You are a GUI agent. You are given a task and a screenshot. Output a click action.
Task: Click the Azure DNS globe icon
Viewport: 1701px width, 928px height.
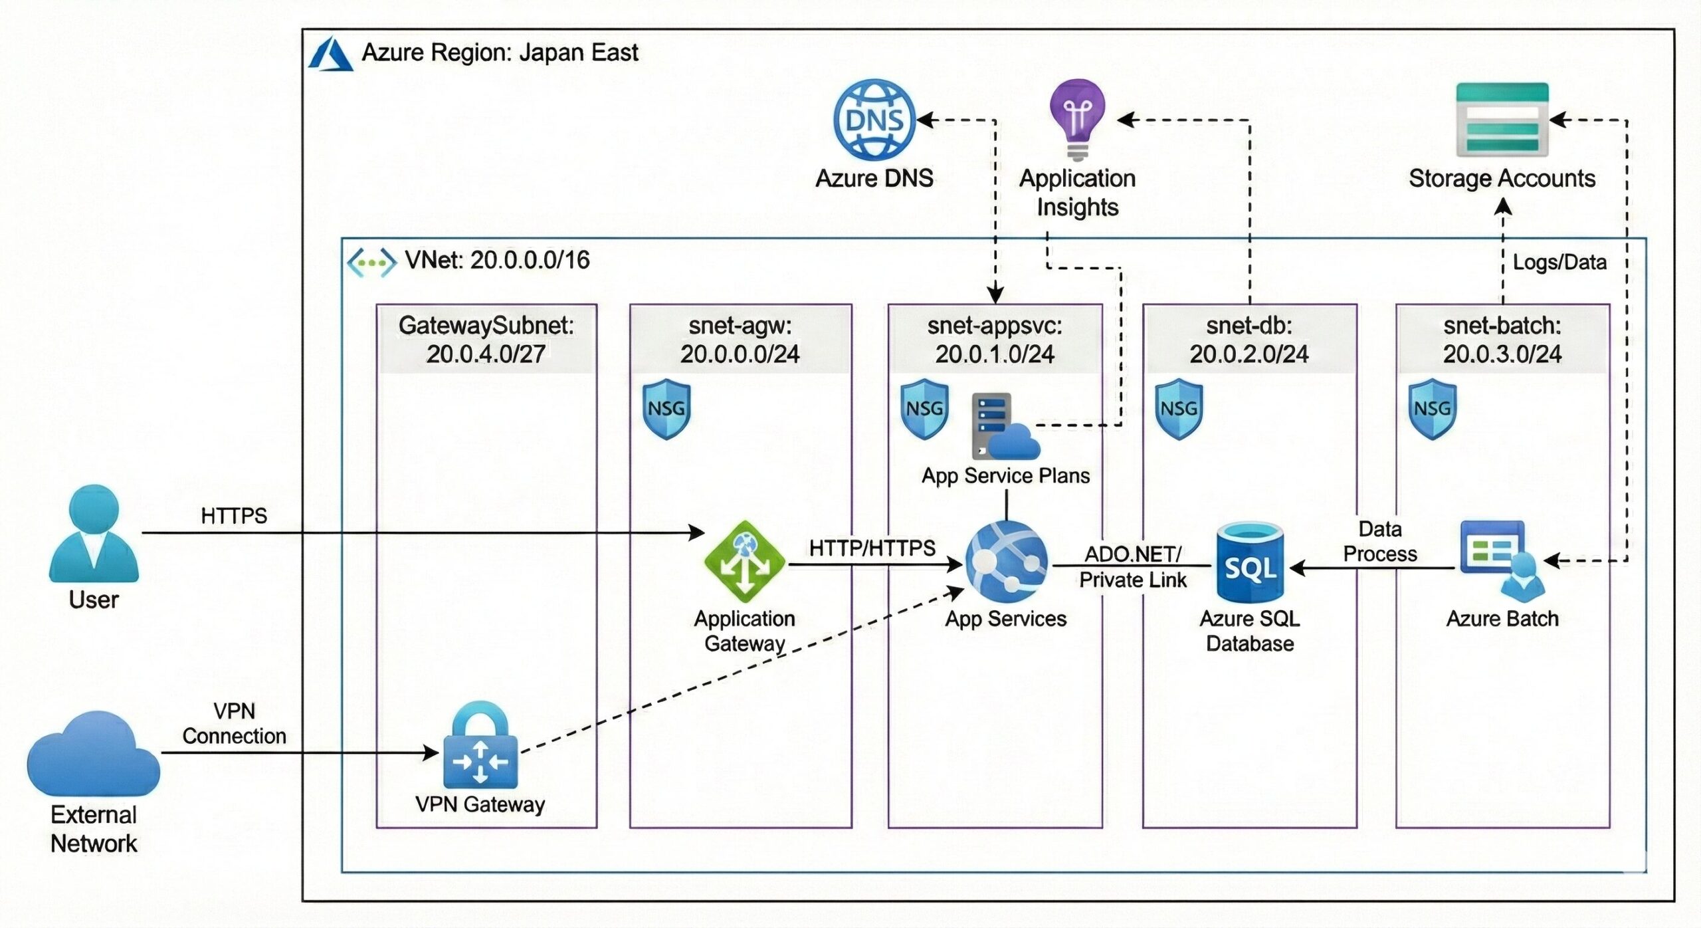tap(874, 120)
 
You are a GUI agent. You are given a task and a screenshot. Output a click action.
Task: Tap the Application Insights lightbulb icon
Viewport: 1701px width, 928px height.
tap(1077, 118)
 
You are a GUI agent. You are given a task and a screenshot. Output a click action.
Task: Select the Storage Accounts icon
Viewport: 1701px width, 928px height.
tap(1502, 120)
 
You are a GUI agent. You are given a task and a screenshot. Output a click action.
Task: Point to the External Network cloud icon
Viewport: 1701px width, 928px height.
tap(94, 754)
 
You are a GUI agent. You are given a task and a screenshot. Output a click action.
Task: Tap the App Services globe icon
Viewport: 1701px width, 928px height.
tap(1006, 561)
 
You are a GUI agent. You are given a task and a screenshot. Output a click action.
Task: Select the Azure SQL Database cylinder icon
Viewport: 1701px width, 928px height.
tap(1250, 562)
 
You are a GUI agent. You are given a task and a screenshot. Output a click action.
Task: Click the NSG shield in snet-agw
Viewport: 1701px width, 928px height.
tap(666, 409)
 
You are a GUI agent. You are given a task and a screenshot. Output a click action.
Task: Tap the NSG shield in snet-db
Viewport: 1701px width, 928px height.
tap(1179, 409)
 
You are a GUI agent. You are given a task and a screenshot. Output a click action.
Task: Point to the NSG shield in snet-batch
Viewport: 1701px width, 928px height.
tap(1433, 409)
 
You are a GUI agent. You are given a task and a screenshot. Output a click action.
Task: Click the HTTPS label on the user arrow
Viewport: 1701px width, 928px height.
tap(234, 516)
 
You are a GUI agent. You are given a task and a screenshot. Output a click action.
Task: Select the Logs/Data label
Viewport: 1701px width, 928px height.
tap(1559, 263)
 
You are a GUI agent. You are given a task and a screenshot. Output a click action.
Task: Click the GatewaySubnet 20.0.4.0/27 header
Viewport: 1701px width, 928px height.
tap(486, 340)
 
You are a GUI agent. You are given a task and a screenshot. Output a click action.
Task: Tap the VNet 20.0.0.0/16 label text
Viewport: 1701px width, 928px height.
tap(497, 260)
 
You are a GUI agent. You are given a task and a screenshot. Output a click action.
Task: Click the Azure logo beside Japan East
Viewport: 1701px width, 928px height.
tap(330, 54)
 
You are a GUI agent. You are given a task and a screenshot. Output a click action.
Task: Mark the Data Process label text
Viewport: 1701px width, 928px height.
tap(1380, 541)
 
